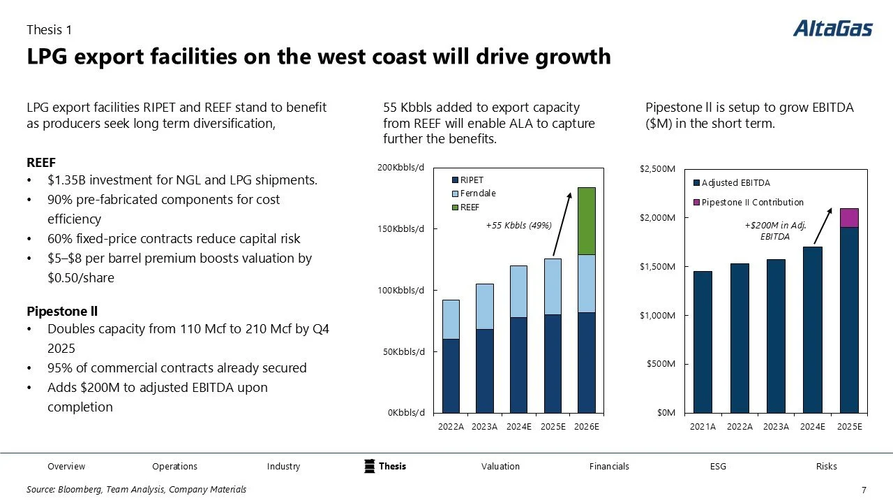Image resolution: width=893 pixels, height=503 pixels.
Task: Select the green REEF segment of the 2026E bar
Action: tap(587, 221)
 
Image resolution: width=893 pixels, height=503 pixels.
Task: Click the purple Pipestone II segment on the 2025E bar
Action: tap(849, 218)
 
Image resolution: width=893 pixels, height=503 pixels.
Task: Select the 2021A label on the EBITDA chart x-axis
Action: tap(703, 427)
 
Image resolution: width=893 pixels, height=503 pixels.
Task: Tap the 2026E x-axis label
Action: tap(587, 427)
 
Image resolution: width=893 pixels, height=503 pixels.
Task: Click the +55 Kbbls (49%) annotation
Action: tap(518, 226)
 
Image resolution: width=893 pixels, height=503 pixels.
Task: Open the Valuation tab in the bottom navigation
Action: tap(500, 466)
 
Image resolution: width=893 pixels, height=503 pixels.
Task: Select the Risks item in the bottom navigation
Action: tap(826, 466)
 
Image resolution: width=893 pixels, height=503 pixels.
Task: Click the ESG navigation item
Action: tap(718, 466)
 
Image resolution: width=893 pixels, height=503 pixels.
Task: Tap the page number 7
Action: tap(864, 490)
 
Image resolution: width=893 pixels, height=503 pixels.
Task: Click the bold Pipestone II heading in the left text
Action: tap(57, 310)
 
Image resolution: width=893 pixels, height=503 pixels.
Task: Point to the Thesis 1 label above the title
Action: tap(49, 30)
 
